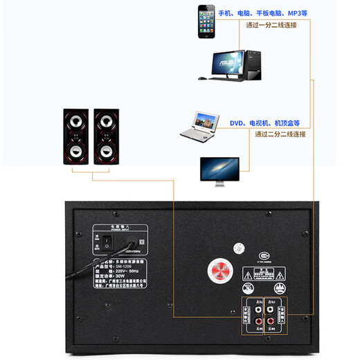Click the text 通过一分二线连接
tap(271, 25)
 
